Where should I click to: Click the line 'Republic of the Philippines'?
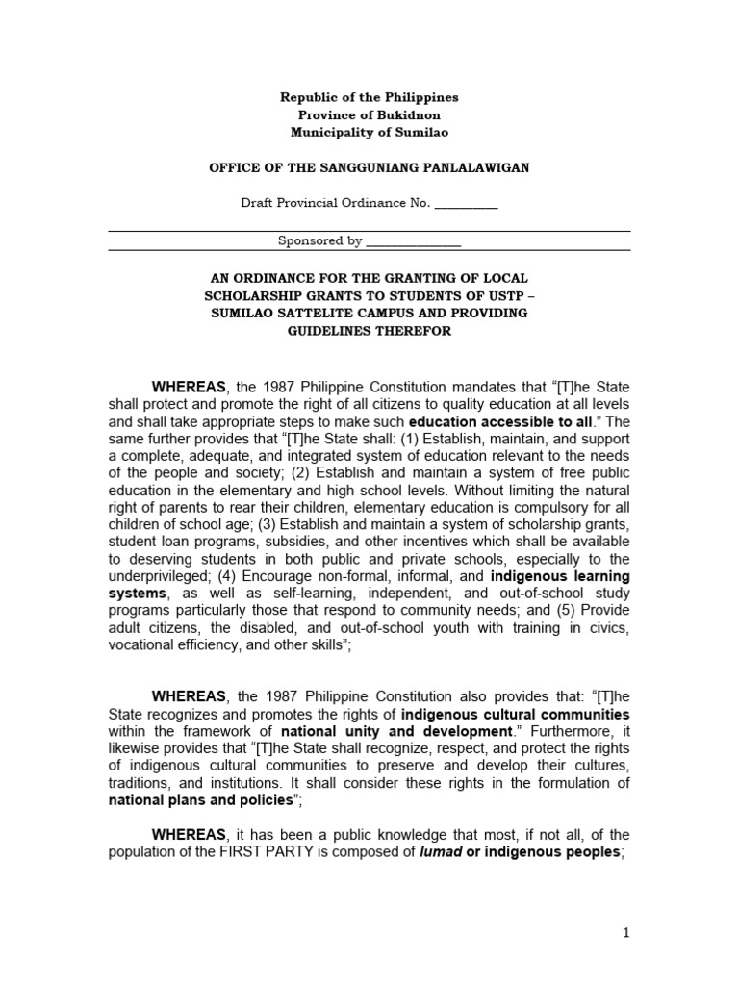click(369, 97)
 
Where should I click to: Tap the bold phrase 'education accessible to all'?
click(491, 421)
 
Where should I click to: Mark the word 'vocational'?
click(140, 647)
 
